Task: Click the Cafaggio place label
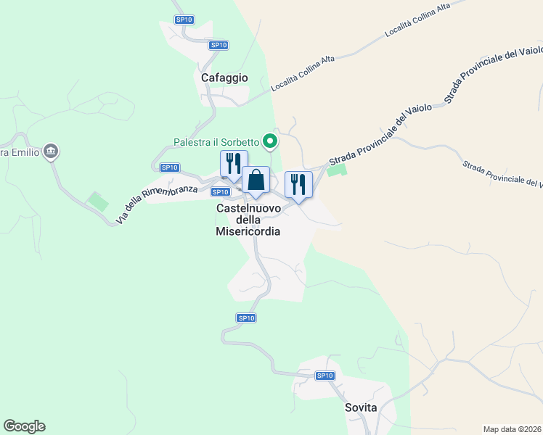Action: pos(225,78)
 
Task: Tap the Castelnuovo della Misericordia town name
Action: pos(248,220)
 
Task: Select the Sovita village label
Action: pos(361,407)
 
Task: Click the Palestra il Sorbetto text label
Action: pos(216,141)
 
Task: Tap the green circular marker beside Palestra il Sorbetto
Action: pos(271,141)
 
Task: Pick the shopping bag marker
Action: pos(256,181)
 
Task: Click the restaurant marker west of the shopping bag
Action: pos(234,165)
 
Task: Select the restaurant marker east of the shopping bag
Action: pos(298,185)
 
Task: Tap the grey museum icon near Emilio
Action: pos(51,152)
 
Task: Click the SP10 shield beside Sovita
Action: pos(325,376)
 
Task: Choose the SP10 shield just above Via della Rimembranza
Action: pos(170,167)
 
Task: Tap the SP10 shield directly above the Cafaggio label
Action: pos(219,45)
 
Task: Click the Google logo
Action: pos(24,426)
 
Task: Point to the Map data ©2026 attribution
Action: pos(512,428)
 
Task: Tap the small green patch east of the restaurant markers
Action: pos(336,170)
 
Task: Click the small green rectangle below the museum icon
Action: pos(94,199)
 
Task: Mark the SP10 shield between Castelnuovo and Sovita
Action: pos(246,318)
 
